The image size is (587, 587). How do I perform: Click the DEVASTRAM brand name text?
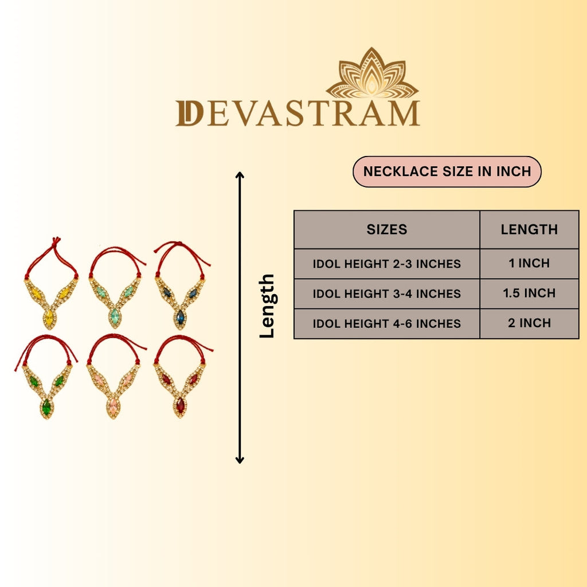pyautogui.click(x=298, y=113)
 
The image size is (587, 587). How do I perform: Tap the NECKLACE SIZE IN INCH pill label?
pyautogui.click(x=447, y=171)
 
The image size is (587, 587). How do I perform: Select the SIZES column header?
pyautogui.click(x=387, y=229)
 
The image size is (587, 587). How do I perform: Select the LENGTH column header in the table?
pyautogui.click(x=529, y=229)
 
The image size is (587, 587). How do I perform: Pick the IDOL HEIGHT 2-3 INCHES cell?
pyautogui.click(x=387, y=264)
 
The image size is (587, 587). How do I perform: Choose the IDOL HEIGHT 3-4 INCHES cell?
pyautogui.click(x=387, y=294)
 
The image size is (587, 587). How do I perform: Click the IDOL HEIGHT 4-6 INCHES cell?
pyautogui.click(x=387, y=324)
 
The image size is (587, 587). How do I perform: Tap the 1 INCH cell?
pyautogui.click(x=529, y=263)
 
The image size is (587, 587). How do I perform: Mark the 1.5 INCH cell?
pyautogui.click(x=529, y=293)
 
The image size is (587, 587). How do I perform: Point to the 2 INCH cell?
pyautogui.click(x=529, y=323)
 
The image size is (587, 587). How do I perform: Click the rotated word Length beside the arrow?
pyautogui.click(x=267, y=306)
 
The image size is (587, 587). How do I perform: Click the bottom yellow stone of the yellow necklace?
pyautogui.click(x=49, y=318)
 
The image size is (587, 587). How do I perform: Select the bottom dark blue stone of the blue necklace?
pyautogui.click(x=181, y=318)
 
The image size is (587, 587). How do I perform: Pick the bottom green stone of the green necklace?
pyautogui.click(x=46, y=408)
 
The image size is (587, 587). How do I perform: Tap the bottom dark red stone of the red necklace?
pyautogui.click(x=181, y=406)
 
